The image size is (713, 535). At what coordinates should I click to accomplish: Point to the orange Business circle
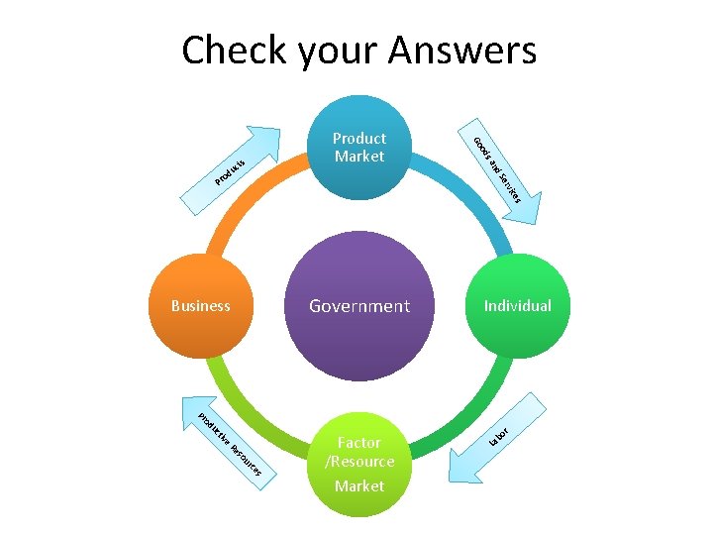pos(201,306)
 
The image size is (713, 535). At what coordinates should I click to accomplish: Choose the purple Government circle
pos(358,305)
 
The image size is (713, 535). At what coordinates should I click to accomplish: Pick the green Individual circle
pos(516,306)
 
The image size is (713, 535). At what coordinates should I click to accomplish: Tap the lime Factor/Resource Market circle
pos(359,466)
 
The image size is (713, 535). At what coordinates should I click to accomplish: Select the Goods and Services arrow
pos(505,173)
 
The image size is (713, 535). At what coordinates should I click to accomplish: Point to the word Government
pos(358,306)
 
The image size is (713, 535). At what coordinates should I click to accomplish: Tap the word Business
pos(201,306)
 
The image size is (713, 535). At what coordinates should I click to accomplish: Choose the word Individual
pos(517,306)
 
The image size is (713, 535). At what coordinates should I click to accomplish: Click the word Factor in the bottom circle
pos(359,443)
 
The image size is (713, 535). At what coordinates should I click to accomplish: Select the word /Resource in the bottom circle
pos(359,462)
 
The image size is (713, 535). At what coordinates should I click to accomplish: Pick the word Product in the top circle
pos(359,139)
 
